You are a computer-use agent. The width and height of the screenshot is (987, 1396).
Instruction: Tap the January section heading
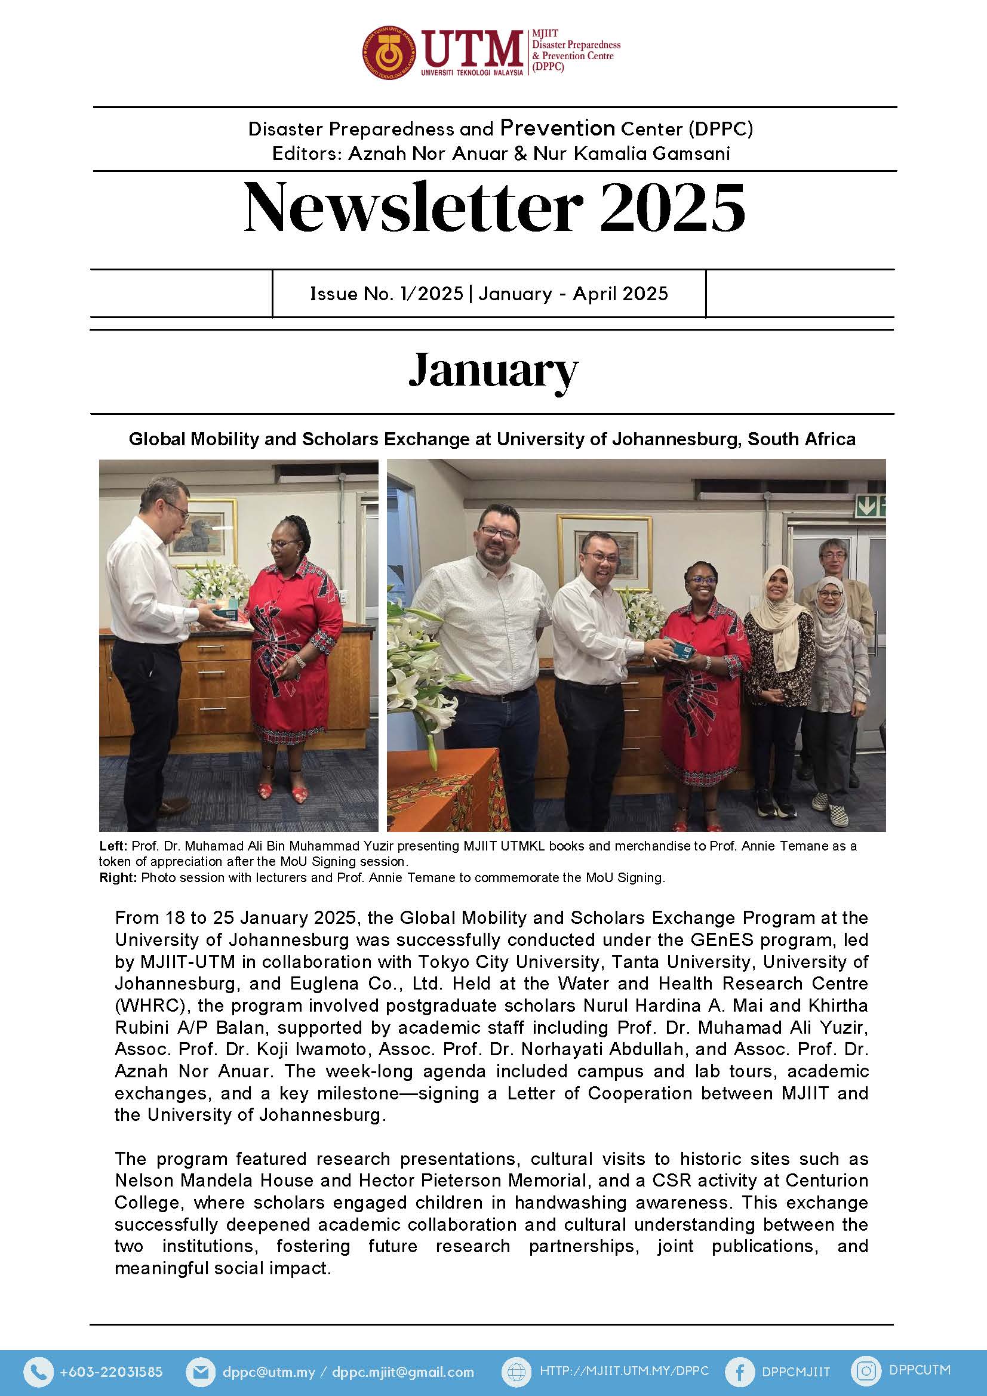493,370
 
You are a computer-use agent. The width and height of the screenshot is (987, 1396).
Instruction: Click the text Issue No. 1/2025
387,294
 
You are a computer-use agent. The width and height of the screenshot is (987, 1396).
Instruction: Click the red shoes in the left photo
282,790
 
